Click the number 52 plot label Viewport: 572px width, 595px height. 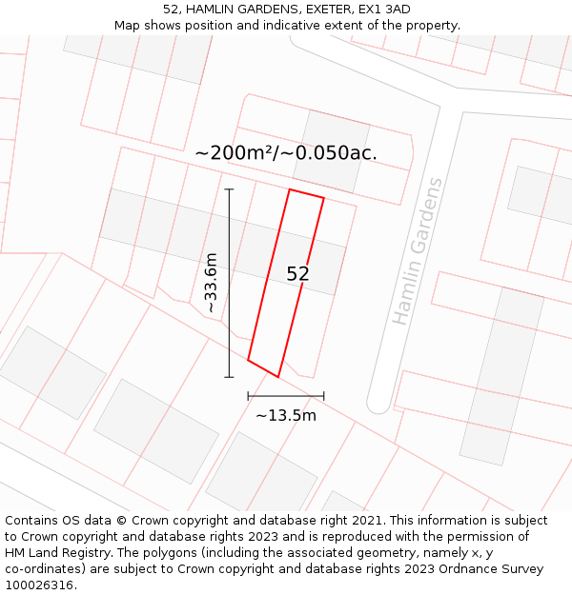click(297, 274)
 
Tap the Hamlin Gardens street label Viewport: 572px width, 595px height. click(418, 251)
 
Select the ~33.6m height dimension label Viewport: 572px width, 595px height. click(211, 283)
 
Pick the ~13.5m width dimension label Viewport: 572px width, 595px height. click(286, 415)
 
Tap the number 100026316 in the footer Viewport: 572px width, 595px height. click(39, 585)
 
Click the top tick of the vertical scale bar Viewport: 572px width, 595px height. click(229, 189)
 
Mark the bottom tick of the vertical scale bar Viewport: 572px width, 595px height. click(229, 377)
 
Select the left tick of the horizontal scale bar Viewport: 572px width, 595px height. click(248, 396)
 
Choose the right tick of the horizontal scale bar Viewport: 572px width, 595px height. click(324, 396)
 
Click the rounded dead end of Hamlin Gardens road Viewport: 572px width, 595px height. click(379, 404)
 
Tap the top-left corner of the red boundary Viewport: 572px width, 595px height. click(290, 189)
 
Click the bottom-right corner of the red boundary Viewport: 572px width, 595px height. click(278, 377)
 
